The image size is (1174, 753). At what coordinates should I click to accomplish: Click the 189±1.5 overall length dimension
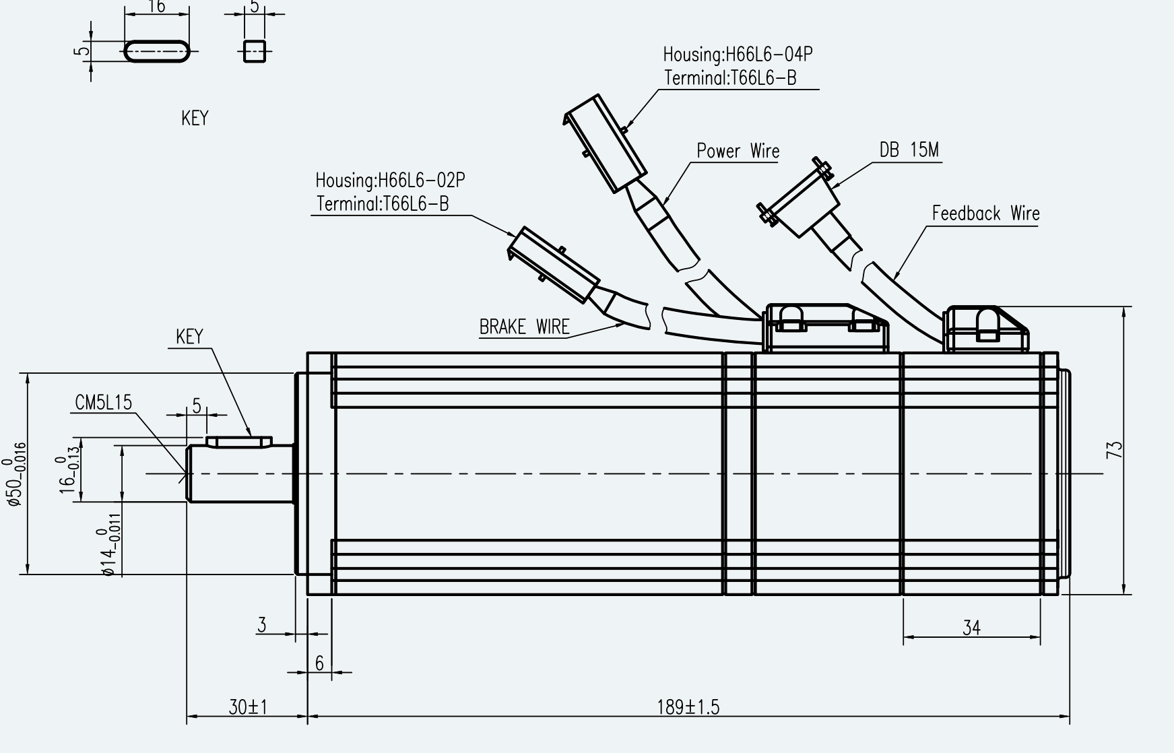[688, 707]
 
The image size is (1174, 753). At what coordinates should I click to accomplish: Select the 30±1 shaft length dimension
[248, 707]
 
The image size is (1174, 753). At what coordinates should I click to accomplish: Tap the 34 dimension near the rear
[971, 628]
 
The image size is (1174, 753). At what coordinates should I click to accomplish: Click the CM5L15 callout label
[104, 403]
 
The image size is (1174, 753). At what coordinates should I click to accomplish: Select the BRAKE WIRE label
[524, 327]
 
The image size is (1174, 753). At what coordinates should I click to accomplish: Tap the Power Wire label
[738, 151]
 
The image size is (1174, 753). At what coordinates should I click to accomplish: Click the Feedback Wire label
[985, 214]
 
